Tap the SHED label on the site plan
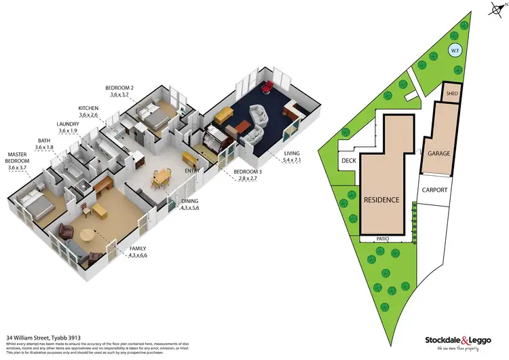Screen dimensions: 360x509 452,91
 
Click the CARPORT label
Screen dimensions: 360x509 434,190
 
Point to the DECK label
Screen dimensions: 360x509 349,161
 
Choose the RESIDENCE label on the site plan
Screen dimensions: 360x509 381,200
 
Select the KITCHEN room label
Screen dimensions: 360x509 89,109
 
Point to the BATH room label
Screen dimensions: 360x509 45,140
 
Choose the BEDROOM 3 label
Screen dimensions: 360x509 248,171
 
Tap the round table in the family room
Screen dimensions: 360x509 88,235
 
